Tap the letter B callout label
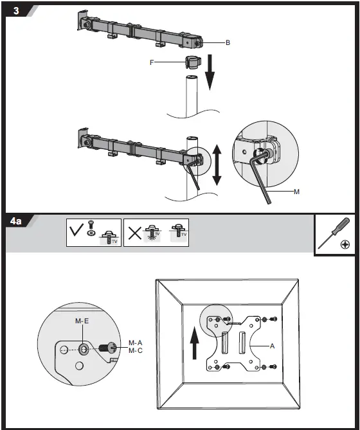tap(228, 42)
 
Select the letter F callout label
tap(152, 62)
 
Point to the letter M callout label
tap(296, 192)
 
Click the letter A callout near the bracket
tap(272, 345)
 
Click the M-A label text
tap(135, 343)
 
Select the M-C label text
tap(135, 351)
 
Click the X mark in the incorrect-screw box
tap(134, 231)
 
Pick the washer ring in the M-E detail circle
tap(84, 349)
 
